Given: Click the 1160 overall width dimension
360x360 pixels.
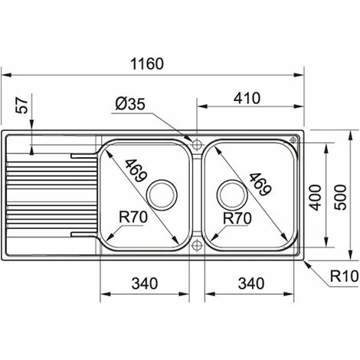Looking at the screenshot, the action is pyautogui.click(x=147, y=64).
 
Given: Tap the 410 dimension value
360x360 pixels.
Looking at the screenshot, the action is pyautogui.click(x=247, y=98).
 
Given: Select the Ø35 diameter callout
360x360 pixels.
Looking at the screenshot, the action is pyautogui.click(x=130, y=104).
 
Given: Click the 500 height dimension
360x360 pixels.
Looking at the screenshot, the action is pyautogui.click(x=341, y=197).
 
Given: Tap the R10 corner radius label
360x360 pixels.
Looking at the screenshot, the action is pyautogui.click(x=345, y=276).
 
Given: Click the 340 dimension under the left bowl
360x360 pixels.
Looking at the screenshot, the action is pyautogui.click(x=145, y=283).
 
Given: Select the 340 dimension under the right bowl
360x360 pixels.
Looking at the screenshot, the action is pyautogui.click(x=251, y=283).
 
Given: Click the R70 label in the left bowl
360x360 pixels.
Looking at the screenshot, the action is pyautogui.click(x=133, y=218).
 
